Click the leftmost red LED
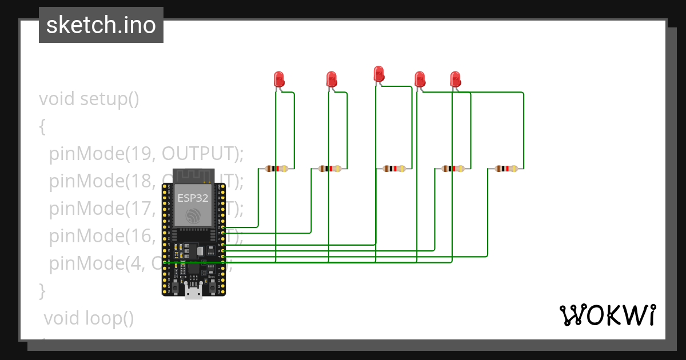[279, 79]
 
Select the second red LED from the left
[331, 79]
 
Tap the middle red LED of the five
[378, 74]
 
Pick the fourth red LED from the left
[420, 79]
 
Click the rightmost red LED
[455, 79]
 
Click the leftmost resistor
[277, 169]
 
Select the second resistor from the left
[329, 169]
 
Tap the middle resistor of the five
[394, 169]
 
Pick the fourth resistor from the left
[453, 169]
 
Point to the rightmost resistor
[506, 169]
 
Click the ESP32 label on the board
[193, 198]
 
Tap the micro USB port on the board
[193, 292]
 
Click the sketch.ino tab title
[101, 25]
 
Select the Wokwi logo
[608, 315]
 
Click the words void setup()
[89, 99]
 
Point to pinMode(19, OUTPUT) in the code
[146, 154]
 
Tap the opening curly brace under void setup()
[42, 126]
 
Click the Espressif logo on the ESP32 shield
[193, 216]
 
